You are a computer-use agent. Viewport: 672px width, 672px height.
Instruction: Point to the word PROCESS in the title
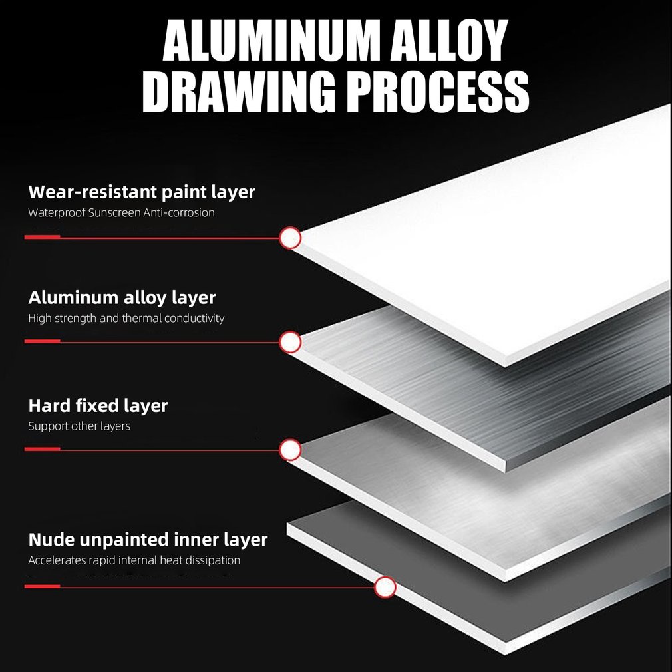point(438,94)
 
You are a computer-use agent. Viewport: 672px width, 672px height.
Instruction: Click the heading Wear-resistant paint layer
point(142,192)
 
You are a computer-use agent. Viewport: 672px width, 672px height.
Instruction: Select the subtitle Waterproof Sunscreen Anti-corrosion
point(121,213)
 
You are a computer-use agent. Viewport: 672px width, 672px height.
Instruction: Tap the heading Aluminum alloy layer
point(122,297)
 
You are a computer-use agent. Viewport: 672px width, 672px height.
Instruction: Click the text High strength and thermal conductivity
point(126,318)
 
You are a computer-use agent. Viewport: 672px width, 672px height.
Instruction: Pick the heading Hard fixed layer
point(98,405)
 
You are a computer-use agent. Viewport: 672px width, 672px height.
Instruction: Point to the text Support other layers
point(79,426)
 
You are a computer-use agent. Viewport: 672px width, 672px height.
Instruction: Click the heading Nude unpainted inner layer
point(148,539)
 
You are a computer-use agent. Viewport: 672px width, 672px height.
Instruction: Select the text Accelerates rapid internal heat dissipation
point(134,560)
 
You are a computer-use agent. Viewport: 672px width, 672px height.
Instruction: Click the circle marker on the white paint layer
point(290,238)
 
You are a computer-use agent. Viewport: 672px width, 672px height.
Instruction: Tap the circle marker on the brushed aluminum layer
point(290,342)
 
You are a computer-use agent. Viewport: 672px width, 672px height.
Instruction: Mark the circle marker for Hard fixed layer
point(290,450)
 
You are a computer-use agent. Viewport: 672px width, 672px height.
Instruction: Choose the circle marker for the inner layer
point(385,587)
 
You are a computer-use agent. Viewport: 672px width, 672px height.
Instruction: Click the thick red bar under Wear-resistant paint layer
point(42,237)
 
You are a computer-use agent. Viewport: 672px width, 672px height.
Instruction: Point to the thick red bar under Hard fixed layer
point(42,450)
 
